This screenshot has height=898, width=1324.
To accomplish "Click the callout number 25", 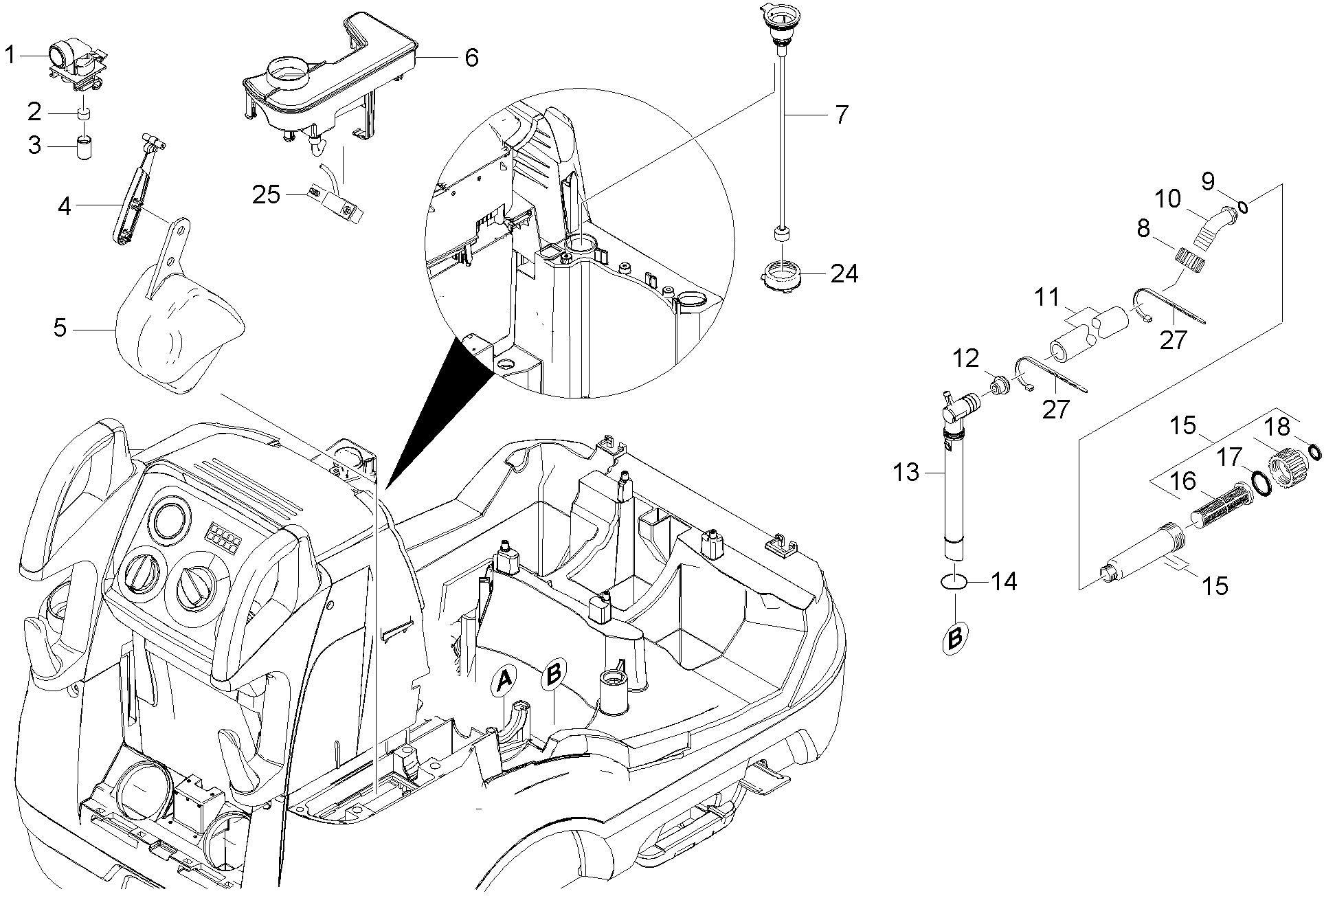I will pos(267,195).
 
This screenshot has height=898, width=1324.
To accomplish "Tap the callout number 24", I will pos(844,273).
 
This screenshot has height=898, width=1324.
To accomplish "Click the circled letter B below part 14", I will pos(955,638).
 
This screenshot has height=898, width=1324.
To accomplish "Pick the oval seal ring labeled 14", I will pos(954,582).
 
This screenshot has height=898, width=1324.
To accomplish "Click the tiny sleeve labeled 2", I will pos(85,114).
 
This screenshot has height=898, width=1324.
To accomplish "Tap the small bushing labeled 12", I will pos(1000,387).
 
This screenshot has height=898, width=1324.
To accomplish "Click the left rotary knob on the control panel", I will pos(143,572).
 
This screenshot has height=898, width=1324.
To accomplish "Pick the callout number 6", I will pos(471,58).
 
